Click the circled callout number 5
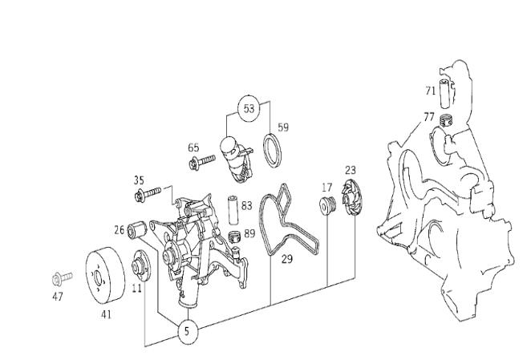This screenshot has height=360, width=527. pos(188,331)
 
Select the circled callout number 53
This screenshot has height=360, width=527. pos(249,108)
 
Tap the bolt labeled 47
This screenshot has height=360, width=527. pos(63,278)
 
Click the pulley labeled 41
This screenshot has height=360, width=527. pos(106,274)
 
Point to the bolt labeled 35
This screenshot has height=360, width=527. pos(148,194)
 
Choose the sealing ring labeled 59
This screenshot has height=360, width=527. pos(272,150)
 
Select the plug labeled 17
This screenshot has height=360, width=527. pos(326,204)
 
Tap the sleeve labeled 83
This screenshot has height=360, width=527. pos(233,210)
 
